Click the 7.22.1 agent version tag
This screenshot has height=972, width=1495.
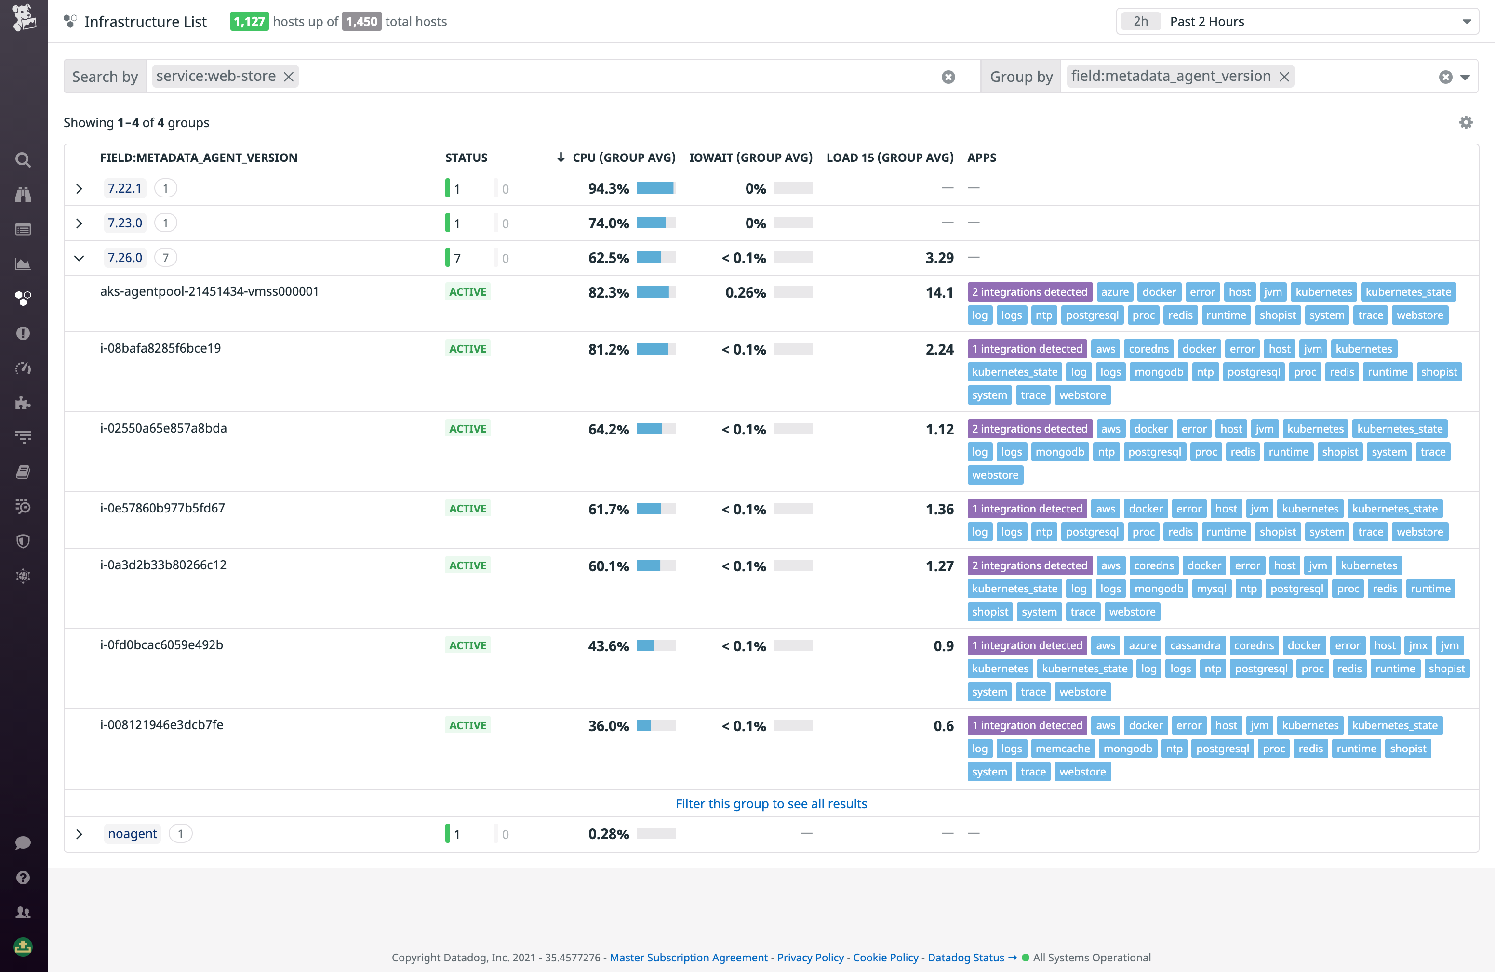pos(124,188)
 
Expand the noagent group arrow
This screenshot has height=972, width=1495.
pos(79,834)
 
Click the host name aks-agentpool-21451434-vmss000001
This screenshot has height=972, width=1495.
pos(209,291)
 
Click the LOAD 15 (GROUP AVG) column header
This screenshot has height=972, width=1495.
pos(890,158)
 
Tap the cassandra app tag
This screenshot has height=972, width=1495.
pos(1194,645)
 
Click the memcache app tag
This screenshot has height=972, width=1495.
pos(1062,749)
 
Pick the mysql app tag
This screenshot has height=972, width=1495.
pos(1211,588)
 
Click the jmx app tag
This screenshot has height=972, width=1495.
pos(1418,645)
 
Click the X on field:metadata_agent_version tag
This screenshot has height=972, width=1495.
pos(1284,77)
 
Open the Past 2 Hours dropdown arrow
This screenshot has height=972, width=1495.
pos(1467,22)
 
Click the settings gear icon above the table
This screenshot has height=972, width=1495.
pos(1466,122)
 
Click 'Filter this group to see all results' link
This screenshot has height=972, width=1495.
pos(771,804)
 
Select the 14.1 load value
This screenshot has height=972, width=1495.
pos(939,292)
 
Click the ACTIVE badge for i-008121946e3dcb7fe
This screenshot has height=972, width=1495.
pos(467,725)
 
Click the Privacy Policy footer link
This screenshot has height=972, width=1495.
pos(810,957)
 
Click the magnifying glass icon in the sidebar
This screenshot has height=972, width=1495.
pos(23,159)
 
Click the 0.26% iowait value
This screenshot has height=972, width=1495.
pos(745,292)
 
